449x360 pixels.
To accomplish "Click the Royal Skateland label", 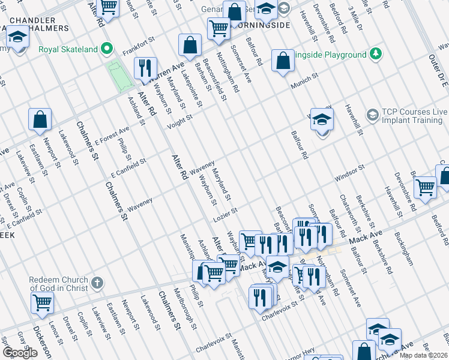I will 68,49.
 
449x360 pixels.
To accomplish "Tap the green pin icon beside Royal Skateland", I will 107,49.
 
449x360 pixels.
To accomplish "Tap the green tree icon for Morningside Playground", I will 376,55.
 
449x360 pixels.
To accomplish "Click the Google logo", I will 20,353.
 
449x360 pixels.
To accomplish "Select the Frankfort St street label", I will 139,46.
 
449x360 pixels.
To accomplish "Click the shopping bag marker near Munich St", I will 282,60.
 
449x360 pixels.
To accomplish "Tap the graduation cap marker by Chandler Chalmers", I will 17,37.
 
